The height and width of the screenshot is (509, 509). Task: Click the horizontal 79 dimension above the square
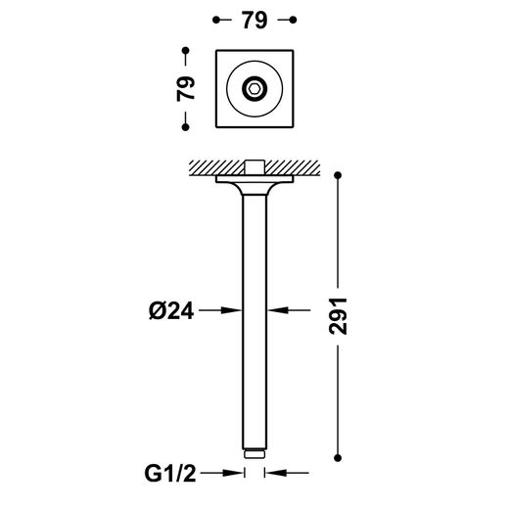point(254,21)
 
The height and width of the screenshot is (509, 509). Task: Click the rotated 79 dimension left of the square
point(186,88)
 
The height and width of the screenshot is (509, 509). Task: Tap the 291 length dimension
point(338,316)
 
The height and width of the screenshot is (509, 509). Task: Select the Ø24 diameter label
point(171,310)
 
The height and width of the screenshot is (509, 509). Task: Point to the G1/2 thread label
point(170,474)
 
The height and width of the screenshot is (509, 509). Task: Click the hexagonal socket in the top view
point(254,88)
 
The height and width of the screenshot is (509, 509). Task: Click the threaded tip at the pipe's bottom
point(254,454)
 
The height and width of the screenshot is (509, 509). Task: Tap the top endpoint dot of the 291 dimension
point(338,175)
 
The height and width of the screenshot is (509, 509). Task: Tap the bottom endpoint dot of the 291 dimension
point(338,458)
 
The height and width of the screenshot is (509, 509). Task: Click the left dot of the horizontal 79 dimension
point(215,20)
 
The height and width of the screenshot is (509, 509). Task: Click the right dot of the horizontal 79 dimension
point(293,20)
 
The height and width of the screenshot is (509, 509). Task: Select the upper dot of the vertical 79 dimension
point(186,51)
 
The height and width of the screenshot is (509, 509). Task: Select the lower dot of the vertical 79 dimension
point(186,127)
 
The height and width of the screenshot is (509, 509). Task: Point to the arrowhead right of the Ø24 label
point(231,310)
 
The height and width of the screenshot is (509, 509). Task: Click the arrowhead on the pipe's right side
point(278,310)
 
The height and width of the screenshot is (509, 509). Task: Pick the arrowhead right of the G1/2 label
point(233,473)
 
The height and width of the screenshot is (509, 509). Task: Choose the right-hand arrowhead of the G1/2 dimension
point(276,473)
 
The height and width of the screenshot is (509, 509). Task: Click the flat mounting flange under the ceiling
point(254,179)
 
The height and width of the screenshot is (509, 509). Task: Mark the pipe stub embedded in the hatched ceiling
point(254,167)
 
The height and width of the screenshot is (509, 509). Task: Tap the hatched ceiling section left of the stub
point(217,168)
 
